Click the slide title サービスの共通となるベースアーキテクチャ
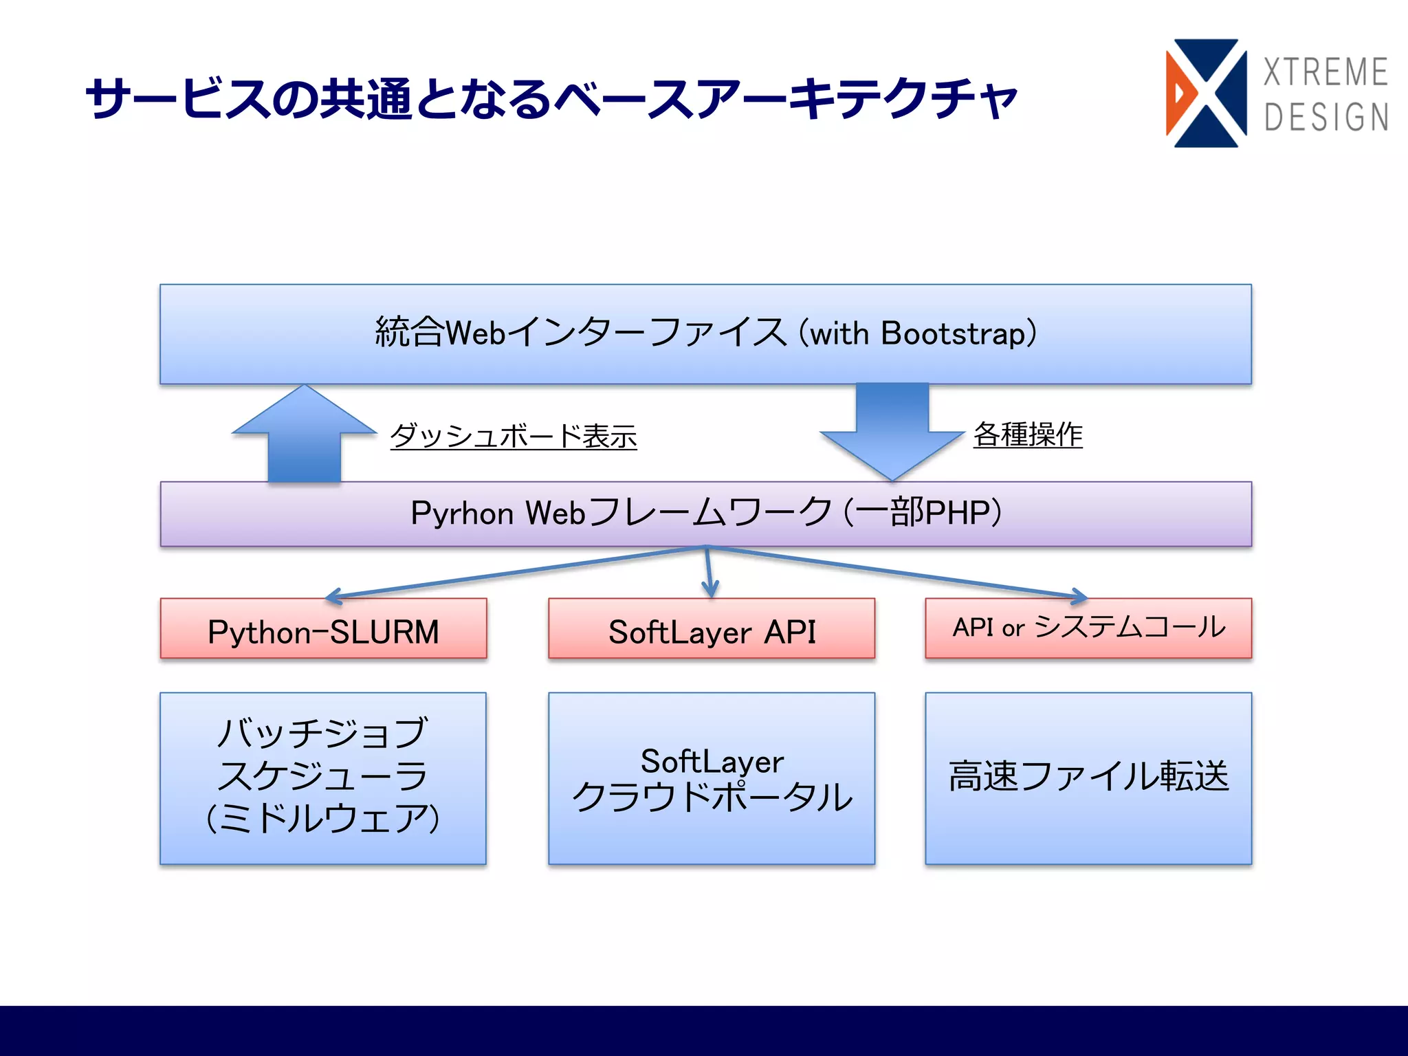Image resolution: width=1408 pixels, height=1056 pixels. pyautogui.click(x=550, y=98)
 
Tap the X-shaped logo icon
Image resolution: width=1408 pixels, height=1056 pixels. pyautogui.click(x=1207, y=93)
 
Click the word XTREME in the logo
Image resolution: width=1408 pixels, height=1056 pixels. pyautogui.click(x=1325, y=72)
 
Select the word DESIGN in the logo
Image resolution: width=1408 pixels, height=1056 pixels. pyautogui.click(x=1326, y=117)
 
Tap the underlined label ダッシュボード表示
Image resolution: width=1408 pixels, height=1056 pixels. pyautogui.click(x=514, y=435)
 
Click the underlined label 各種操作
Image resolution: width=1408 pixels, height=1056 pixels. pyautogui.click(x=1028, y=434)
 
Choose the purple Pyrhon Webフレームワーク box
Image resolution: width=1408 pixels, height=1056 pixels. pyautogui.click(x=705, y=514)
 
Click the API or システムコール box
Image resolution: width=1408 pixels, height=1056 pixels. pyautogui.click(x=1088, y=627)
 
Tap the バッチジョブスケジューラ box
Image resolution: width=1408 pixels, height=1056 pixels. pyautogui.click(x=323, y=777)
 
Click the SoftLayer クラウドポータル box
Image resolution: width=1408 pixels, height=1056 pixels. pyautogui.click(x=712, y=778)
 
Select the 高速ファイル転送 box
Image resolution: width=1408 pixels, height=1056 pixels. pyautogui.click(x=1088, y=777)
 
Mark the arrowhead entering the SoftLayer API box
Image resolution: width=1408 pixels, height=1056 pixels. pyautogui.click(x=710, y=590)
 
